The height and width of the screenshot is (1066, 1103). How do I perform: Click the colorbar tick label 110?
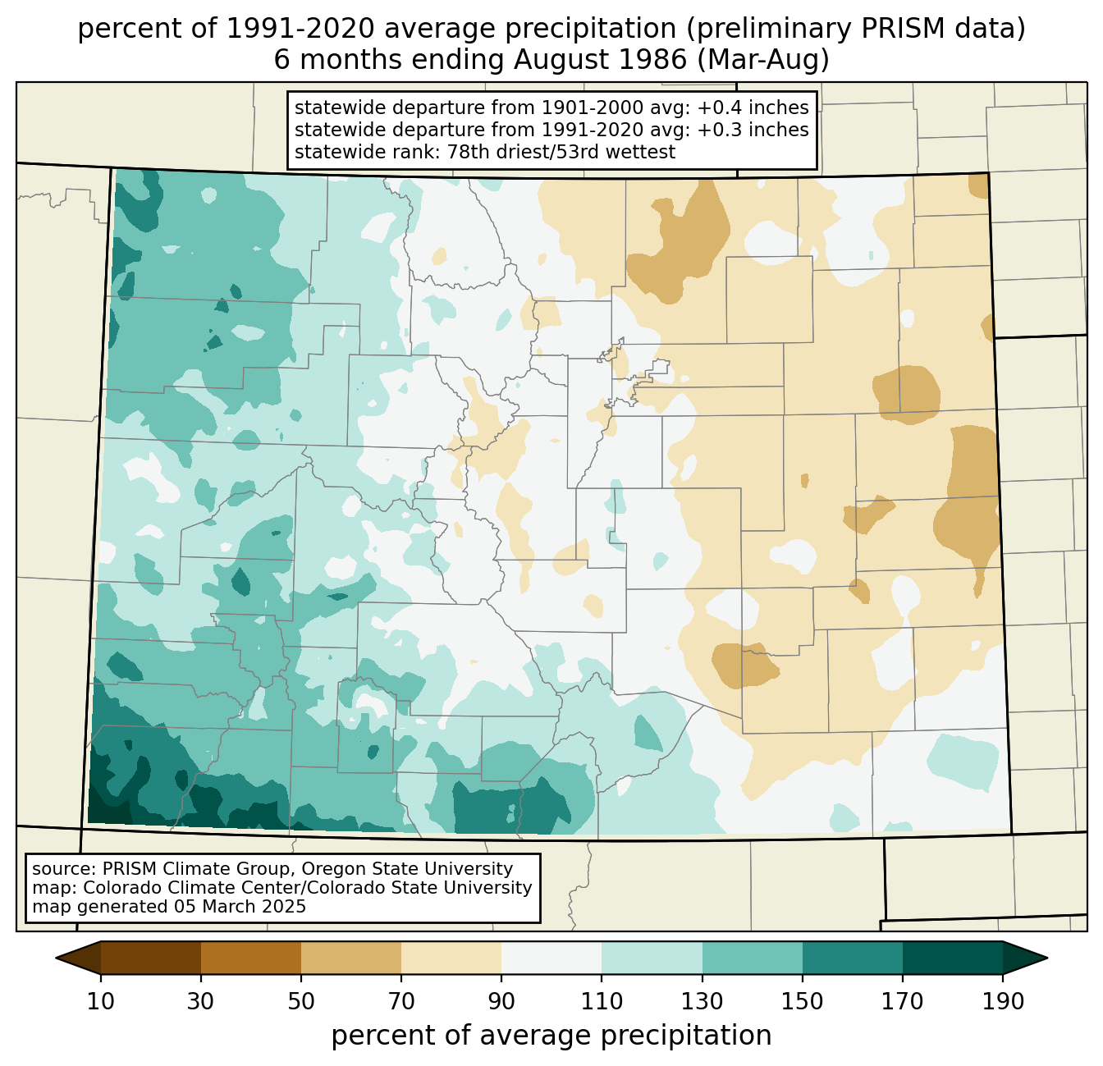[x=602, y=1002]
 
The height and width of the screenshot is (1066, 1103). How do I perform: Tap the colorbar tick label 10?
[x=100, y=1002]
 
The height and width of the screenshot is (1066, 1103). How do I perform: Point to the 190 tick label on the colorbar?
[x=1003, y=1002]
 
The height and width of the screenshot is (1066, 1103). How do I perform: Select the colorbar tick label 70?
[x=401, y=1002]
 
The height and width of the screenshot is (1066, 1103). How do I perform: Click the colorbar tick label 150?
[x=802, y=1002]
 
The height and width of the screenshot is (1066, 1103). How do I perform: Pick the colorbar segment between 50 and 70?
[x=351, y=958]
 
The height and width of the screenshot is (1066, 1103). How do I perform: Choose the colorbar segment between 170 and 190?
[x=952, y=958]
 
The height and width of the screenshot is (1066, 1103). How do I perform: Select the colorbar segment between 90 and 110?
[x=551, y=958]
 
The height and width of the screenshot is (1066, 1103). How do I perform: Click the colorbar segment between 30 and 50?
[x=250, y=958]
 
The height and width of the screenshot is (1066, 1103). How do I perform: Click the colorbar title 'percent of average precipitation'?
[x=551, y=1036]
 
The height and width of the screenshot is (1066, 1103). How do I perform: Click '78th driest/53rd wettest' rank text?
[x=561, y=152]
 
